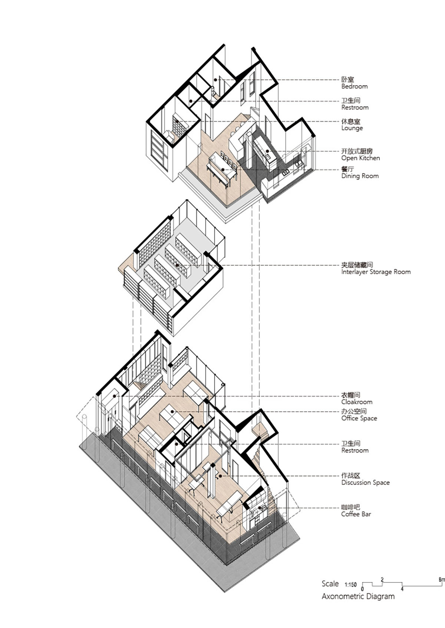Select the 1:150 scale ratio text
[x=350, y=585]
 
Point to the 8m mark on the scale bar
[x=442, y=579]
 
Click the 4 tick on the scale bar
[x=402, y=589]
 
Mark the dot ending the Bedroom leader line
[x=215, y=80]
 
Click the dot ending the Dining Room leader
[x=223, y=170]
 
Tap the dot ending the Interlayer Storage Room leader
[x=177, y=264]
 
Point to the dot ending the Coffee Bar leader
[x=263, y=507]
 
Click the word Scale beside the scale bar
[x=330, y=584]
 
